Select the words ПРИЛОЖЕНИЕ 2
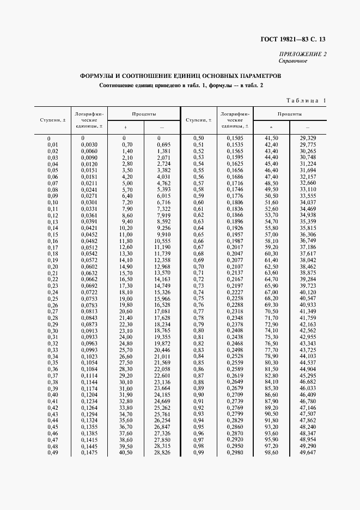(303, 54)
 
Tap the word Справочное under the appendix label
(293, 60)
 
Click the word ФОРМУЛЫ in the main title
(99, 76)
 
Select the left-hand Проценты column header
(144, 115)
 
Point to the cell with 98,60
(271, 453)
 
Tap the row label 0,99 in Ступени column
(198, 453)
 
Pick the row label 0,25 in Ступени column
(53, 299)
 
